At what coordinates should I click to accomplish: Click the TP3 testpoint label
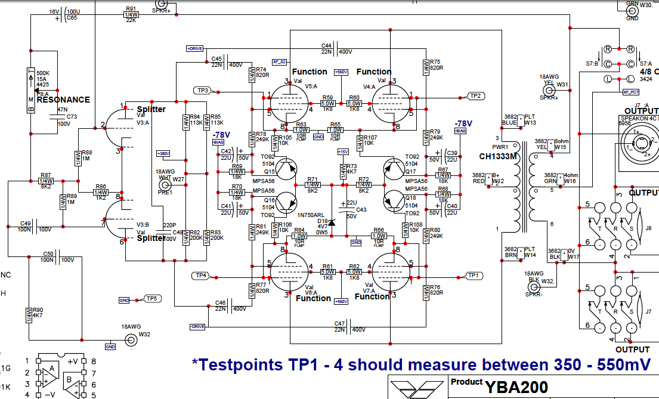click(202, 90)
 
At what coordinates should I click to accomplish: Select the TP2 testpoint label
click(475, 95)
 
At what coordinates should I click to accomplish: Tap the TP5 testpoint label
click(151, 298)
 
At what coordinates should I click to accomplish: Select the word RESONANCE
click(63, 100)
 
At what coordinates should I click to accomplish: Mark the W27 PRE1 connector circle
click(164, 183)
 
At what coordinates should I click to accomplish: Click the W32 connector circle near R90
click(129, 341)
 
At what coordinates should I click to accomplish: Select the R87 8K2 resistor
click(46, 181)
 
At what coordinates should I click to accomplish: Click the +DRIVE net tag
click(195, 48)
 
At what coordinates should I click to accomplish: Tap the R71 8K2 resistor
click(313, 184)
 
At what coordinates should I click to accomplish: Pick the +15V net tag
click(342, 151)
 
